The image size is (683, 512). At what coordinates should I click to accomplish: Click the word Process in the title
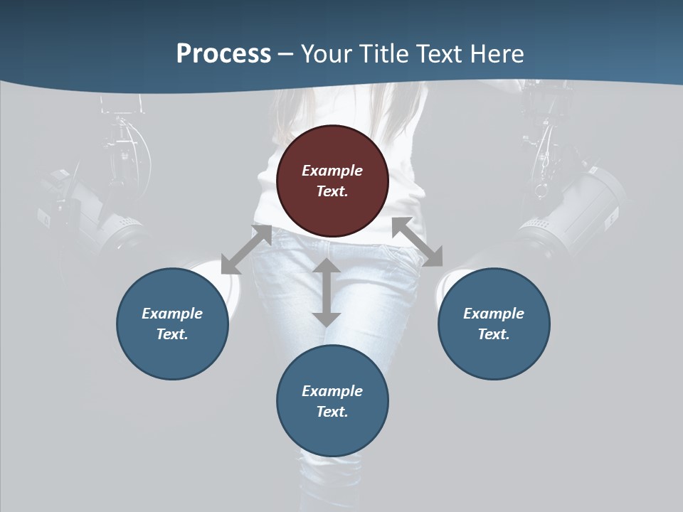[x=223, y=54]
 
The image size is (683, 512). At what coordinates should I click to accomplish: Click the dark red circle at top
[x=332, y=181]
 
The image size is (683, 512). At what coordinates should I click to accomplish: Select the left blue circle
[x=172, y=324]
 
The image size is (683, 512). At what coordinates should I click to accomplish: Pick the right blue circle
[x=494, y=324]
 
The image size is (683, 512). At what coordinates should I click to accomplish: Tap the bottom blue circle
[x=332, y=400]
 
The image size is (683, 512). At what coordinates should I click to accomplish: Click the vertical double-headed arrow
[x=327, y=292]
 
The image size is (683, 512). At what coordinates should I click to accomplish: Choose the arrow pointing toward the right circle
[x=417, y=242]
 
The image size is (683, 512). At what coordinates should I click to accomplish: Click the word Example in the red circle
[x=332, y=171]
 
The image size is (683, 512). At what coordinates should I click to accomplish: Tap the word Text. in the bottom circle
[x=332, y=412]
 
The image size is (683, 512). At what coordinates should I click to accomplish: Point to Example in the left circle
[x=172, y=314]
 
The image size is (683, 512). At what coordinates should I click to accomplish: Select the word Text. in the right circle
[x=494, y=334]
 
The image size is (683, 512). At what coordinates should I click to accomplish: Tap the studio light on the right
[x=576, y=206]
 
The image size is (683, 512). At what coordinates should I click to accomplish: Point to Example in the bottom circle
[x=332, y=391]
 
